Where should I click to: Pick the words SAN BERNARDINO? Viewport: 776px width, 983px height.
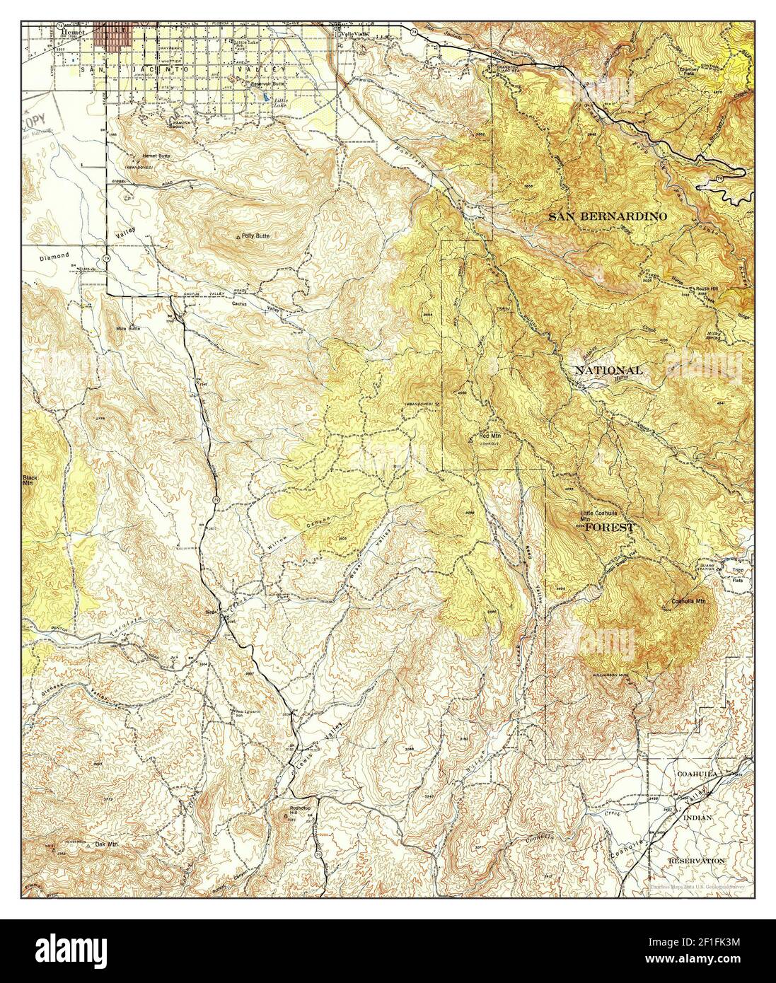[607, 216]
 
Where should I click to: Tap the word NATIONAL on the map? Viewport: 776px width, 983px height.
[608, 370]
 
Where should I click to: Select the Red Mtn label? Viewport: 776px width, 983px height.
[489, 436]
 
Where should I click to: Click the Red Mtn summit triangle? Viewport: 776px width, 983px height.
[471, 438]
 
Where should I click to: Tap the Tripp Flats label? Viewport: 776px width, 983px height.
[737, 574]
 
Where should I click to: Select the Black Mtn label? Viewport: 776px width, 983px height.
[28, 480]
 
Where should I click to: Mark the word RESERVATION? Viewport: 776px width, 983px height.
[697, 861]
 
